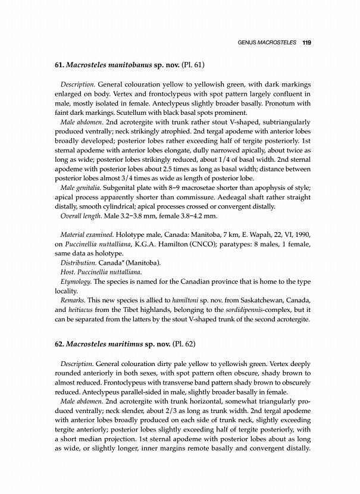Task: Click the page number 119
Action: click(x=308, y=42)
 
